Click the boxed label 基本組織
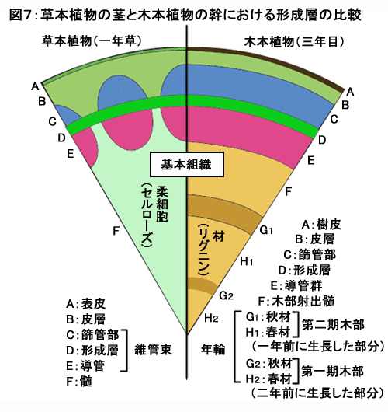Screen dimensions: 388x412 [186, 165]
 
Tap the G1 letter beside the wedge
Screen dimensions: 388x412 [266, 230]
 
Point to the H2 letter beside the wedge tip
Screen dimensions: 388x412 [211, 318]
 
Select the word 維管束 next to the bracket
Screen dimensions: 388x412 [153, 350]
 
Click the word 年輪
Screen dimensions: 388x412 [213, 350]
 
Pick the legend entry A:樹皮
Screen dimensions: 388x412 [321, 225]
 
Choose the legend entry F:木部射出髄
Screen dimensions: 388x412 [296, 301]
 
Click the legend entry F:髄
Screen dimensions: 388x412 [79, 381]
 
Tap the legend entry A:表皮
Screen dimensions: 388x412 [86, 304]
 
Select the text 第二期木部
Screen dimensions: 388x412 [333, 325]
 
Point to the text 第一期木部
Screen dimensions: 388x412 [332, 372]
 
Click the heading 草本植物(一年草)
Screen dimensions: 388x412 [92, 41]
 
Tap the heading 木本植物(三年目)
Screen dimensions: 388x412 [294, 41]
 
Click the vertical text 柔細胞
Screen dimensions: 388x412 [162, 204]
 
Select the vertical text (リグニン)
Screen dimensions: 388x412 [203, 250]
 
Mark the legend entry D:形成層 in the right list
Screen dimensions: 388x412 [304, 270]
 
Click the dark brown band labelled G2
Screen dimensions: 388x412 [202, 285]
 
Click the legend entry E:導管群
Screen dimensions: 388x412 [296, 285]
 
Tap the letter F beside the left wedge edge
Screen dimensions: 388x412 [116, 231]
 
